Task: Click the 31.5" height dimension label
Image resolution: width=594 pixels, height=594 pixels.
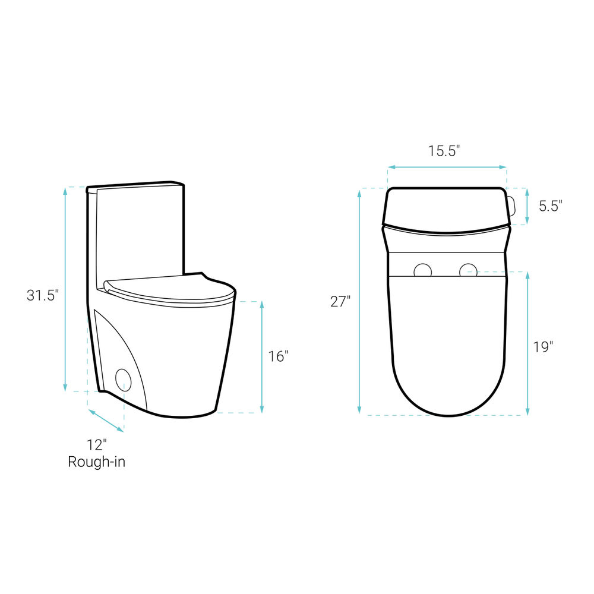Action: point(42,295)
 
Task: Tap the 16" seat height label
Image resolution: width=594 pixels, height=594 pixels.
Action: point(279,356)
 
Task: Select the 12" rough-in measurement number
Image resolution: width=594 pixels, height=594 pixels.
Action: point(97,445)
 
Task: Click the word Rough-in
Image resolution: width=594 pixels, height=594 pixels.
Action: point(97,462)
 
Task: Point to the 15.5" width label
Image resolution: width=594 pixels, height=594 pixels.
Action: point(444,151)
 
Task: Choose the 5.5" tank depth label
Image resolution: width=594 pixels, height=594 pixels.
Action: point(551,207)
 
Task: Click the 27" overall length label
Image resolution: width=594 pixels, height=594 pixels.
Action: point(340,302)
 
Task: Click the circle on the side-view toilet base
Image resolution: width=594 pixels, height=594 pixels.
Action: point(123,380)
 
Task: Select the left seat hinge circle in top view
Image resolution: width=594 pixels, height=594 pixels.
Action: point(422,270)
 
